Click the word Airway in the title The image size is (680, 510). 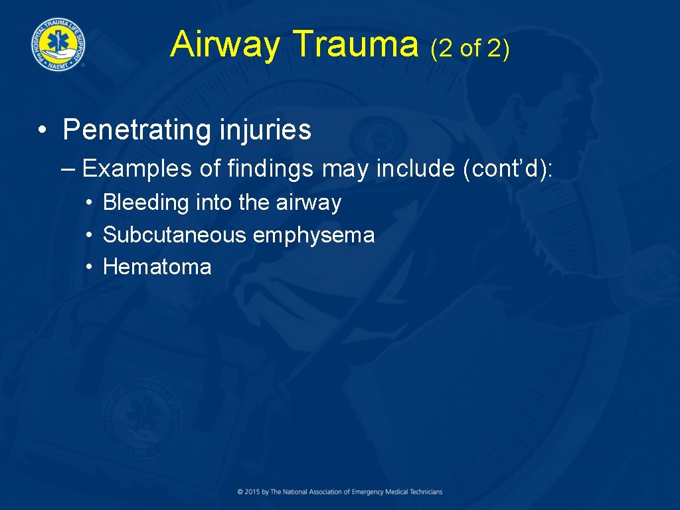point(225,44)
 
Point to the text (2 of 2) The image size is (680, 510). point(470,48)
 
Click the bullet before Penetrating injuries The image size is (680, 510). point(42,130)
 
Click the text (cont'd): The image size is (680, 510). point(507,169)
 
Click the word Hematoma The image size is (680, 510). point(157,267)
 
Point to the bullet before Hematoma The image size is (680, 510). point(88,267)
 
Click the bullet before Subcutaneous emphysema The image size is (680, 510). point(88,235)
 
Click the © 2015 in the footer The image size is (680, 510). point(249,492)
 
